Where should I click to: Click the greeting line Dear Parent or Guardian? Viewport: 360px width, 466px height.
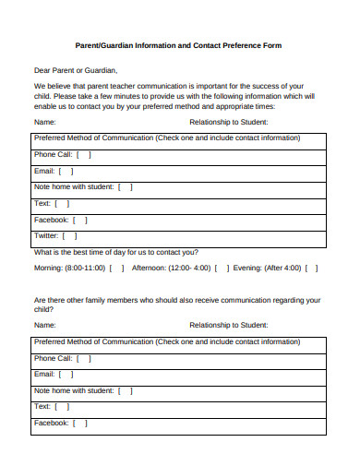(x=77, y=70)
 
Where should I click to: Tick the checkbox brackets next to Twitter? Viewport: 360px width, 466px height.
(x=70, y=236)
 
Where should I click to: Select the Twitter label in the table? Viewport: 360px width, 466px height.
(x=46, y=236)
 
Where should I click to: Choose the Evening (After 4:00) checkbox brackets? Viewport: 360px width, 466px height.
(x=311, y=269)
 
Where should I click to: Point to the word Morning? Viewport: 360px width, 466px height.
(x=49, y=269)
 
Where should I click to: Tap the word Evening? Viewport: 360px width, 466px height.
(x=247, y=269)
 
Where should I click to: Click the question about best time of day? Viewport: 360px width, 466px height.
(x=115, y=252)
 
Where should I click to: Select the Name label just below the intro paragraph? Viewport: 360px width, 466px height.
(x=45, y=122)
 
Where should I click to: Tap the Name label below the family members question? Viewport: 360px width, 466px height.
(x=45, y=325)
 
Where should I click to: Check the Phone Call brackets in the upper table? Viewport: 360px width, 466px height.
(x=84, y=154)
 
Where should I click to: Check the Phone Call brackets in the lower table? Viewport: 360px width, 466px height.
(x=84, y=357)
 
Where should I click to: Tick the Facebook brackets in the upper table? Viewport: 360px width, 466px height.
(x=80, y=220)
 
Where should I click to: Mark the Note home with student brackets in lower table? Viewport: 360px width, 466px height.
(x=125, y=390)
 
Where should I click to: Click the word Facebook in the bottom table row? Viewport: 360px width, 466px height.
(x=51, y=423)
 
